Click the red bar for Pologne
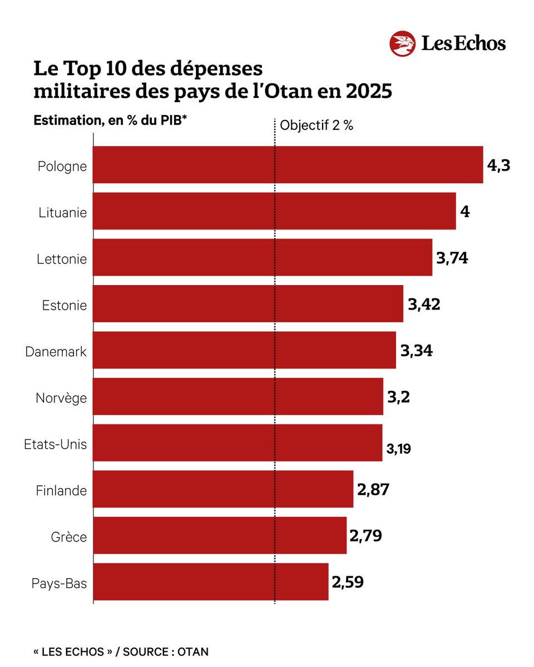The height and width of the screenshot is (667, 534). click(287, 165)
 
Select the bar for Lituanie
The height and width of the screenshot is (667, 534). click(274, 211)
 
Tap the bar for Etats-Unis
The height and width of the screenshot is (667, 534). click(237, 443)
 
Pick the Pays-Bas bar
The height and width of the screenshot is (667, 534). click(210, 582)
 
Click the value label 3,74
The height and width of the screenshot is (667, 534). click(452, 258)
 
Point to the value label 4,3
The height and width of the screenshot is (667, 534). click(498, 165)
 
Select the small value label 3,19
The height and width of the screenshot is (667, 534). click(399, 449)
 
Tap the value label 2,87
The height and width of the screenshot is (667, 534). click(373, 490)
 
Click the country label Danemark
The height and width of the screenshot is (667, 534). click(56, 352)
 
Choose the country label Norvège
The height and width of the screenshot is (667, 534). click(61, 398)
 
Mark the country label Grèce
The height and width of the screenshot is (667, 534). click(69, 537)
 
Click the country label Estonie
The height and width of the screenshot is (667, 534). click(65, 305)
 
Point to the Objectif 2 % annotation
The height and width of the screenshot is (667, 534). click(317, 125)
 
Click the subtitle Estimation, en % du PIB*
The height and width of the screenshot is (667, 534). click(110, 121)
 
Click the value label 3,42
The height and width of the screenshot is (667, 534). click(424, 304)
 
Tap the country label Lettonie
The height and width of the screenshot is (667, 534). click(62, 259)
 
